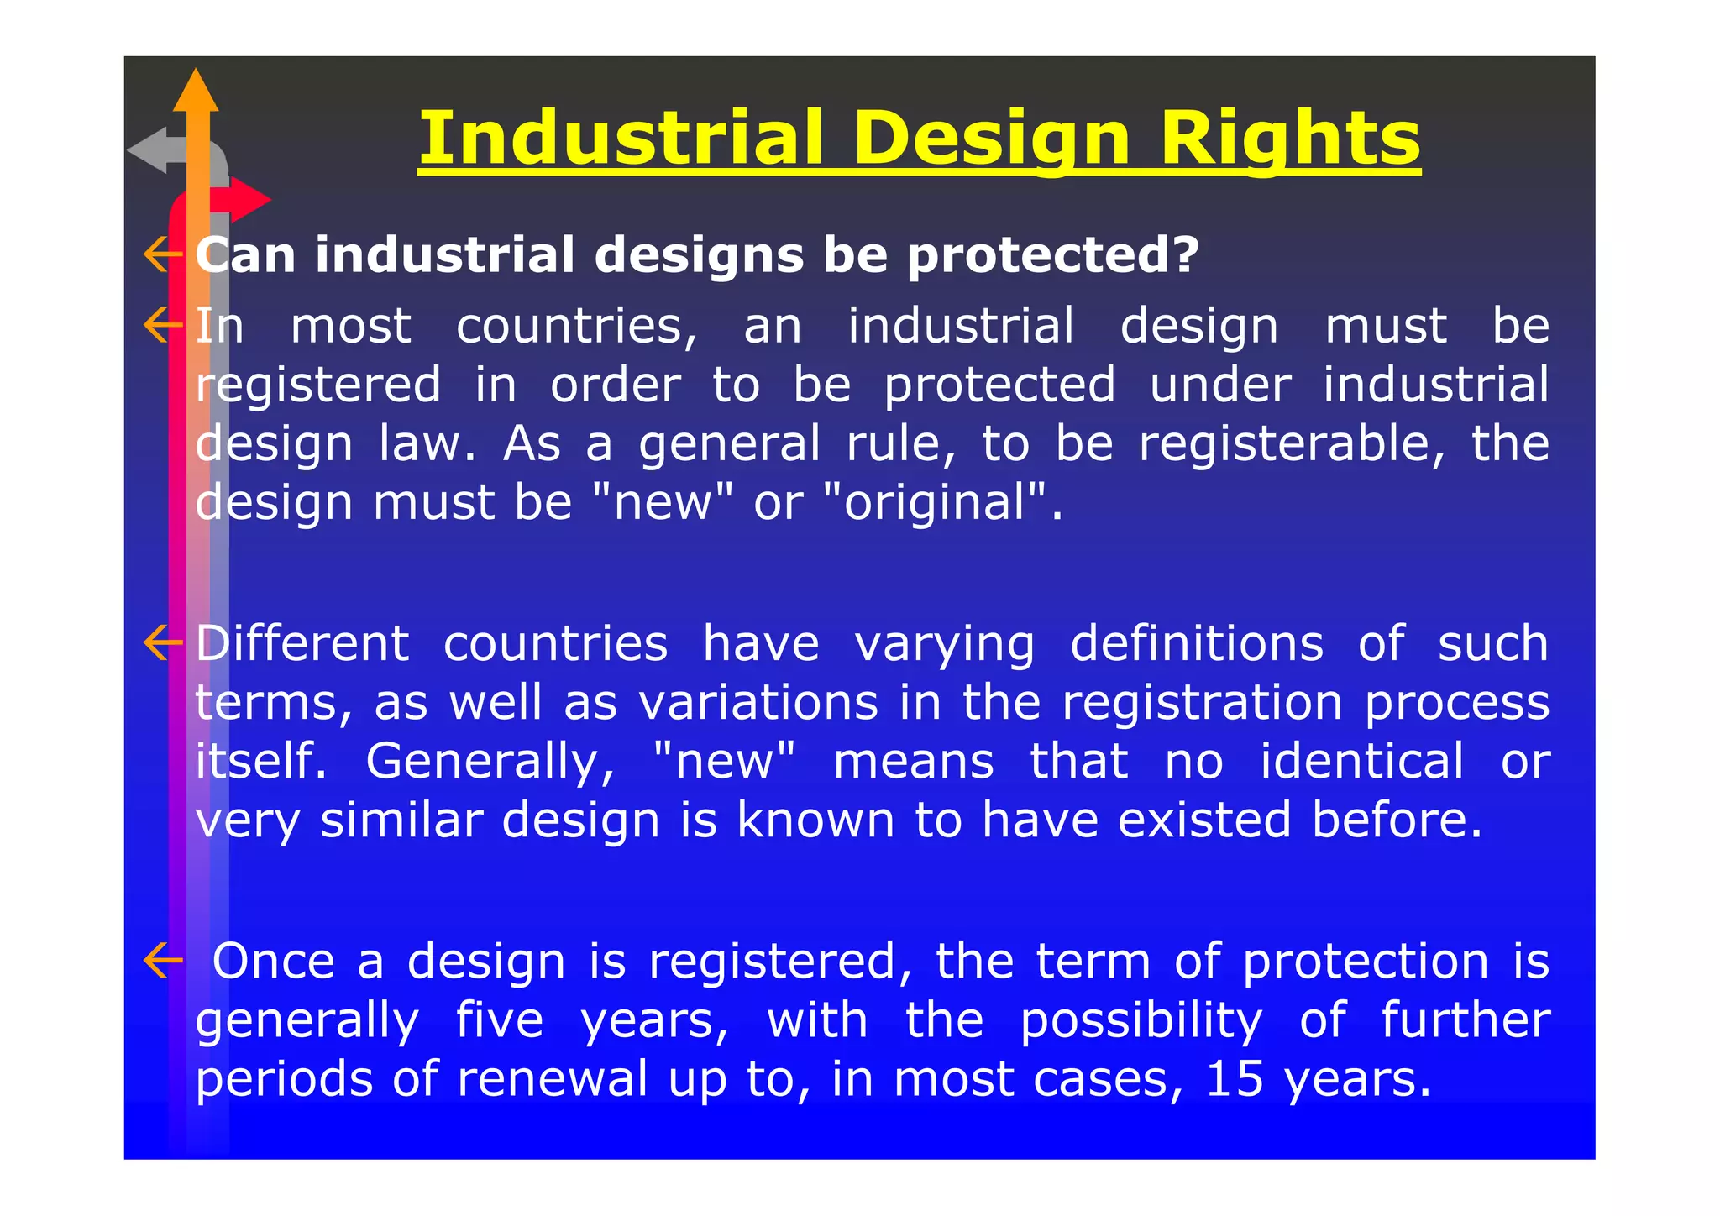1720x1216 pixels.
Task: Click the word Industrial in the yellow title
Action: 620,139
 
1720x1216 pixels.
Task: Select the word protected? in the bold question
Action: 1053,255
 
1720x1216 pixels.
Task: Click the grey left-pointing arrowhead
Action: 149,151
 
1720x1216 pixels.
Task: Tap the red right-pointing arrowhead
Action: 249,200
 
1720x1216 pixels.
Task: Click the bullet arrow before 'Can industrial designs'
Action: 162,254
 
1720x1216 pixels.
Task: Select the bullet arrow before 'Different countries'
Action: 162,643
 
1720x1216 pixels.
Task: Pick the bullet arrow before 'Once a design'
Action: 162,961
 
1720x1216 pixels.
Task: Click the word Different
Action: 302,643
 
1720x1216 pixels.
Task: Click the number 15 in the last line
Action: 1234,1078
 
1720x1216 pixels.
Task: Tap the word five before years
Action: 500,1019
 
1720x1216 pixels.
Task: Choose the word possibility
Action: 1141,1021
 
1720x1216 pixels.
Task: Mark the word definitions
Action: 1196,643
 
